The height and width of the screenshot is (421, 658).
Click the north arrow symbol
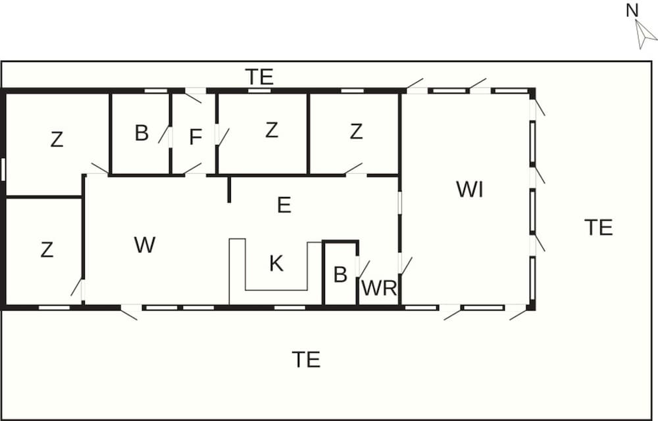pyautogui.click(x=645, y=34)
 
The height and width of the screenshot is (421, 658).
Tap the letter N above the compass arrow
pyautogui.click(x=632, y=11)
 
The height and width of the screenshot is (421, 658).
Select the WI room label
pyautogui.click(x=470, y=190)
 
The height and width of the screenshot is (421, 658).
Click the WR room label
pyautogui.click(x=379, y=288)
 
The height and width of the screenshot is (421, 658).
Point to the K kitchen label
pyautogui.click(x=276, y=264)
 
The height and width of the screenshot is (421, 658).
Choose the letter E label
pyautogui.click(x=284, y=205)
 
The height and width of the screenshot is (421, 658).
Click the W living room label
pyautogui.click(x=145, y=244)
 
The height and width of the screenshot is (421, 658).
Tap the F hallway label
pyautogui.click(x=195, y=137)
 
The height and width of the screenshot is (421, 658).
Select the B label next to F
pyautogui.click(x=142, y=133)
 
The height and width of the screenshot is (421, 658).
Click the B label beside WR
pyautogui.click(x=340, y=275)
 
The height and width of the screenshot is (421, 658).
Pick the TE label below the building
pyautogui.click(x=307, y=360)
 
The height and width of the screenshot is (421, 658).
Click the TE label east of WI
pyautogui.click(x=599, y=227)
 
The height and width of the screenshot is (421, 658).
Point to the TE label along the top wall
pyautogui.click(x=259, y=77)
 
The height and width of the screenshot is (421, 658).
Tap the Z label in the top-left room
pyautogui.click(x=57, y=140)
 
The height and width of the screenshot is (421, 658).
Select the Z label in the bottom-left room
pyautogui.click(x=47, y=250)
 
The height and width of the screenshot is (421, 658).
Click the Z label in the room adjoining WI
pyautogui.click(x=356, y=132)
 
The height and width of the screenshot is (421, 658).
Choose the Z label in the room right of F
pyautogui.click(x=272, y=130)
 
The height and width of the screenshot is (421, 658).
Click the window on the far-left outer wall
pyautogui.click(x=3, y=169)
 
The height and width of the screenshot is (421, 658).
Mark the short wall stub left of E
pyautogui.click(x=229, y=190)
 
